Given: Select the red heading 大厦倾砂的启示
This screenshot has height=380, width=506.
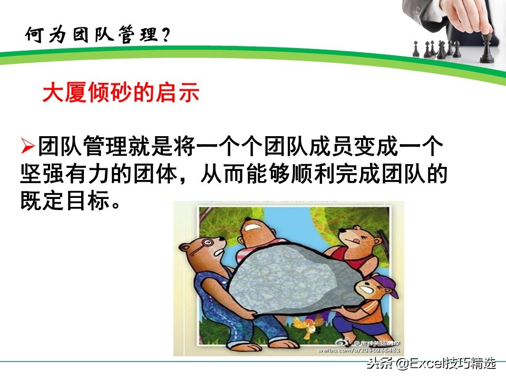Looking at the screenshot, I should (121, 93).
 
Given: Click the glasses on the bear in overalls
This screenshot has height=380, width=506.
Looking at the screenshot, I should (201, 248).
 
